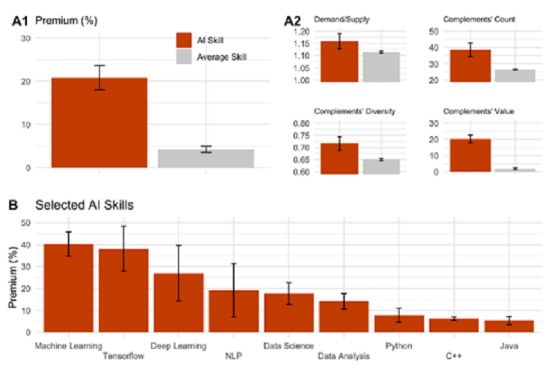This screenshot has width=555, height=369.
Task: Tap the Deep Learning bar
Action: [x=178, y=303]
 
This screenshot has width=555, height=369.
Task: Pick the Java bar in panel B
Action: [x=510, y=326]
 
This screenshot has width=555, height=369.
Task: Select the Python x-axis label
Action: [x=399, y=345]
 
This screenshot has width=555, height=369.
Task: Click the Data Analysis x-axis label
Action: [x=343, y=356]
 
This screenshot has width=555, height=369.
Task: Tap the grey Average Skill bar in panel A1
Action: [x=205, y=158]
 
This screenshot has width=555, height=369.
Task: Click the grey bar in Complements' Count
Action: [x=515, y=76]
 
